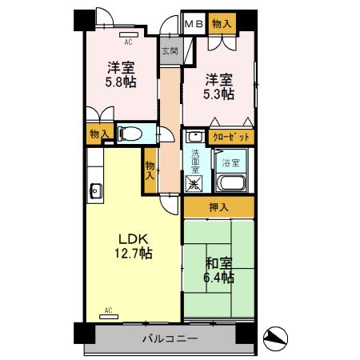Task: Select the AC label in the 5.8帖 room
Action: point(128,36)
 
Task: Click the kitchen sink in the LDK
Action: point(95,190)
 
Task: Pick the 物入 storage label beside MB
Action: point(222,25)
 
